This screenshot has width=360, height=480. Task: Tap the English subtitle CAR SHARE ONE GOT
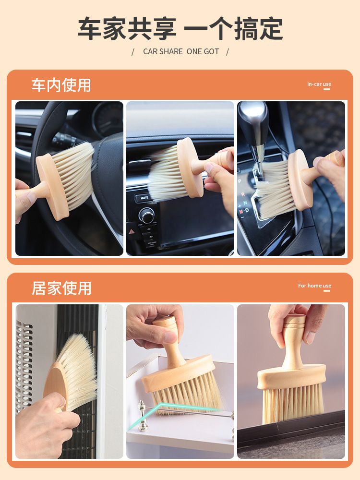pos(181,51)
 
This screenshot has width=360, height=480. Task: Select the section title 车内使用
pos(61,85)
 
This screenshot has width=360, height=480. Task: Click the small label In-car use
pos(319,84)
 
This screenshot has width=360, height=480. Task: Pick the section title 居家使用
pos(61,288)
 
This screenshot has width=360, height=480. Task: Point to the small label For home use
pos(315,286)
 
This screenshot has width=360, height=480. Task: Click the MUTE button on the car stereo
pos(144,198)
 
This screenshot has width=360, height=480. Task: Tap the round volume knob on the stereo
pos(146,216)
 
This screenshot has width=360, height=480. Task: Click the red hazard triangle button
pos(132,232)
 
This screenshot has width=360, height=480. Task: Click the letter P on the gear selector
pos(240,181)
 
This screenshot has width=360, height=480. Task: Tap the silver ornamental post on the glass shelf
pos(143,415)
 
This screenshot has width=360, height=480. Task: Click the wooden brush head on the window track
pos(291,376)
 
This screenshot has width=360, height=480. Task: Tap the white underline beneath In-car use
pos(327,89)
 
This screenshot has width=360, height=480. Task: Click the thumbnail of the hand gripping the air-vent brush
pos(180,179)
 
